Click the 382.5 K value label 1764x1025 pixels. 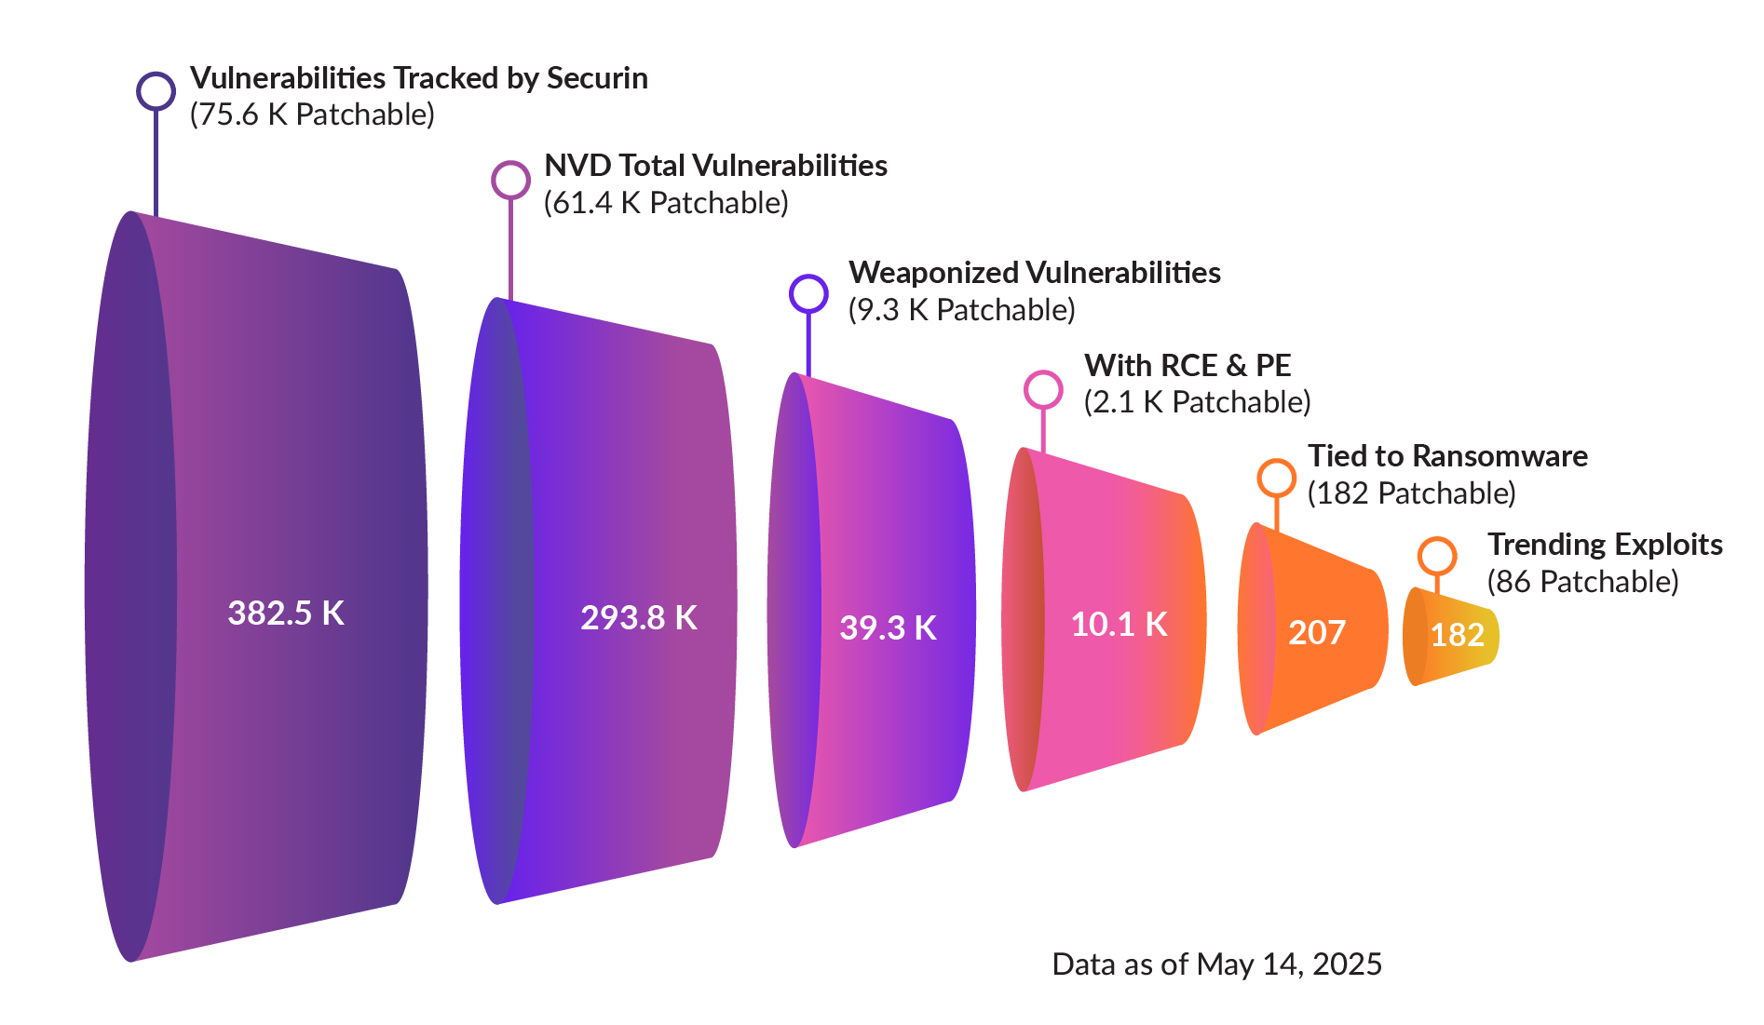286,613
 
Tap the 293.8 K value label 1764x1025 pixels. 639,617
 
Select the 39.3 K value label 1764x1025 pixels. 888,627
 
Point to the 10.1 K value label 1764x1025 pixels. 1119,624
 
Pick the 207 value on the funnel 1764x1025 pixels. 1317,632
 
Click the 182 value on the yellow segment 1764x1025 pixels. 1457,635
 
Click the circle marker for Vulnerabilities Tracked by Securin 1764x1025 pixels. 156,91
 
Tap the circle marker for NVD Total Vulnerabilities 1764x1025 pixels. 510,180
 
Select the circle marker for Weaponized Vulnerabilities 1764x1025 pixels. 808,293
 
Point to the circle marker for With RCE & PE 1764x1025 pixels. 1043,389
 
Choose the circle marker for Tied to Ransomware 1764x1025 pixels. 1276,478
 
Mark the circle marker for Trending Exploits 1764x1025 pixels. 1437,557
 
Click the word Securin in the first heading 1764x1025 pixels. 596,78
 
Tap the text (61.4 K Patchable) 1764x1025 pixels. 666,203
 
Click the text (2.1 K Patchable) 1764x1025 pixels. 1197,402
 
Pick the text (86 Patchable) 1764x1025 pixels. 1582,582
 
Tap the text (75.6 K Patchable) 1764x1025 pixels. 312,115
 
